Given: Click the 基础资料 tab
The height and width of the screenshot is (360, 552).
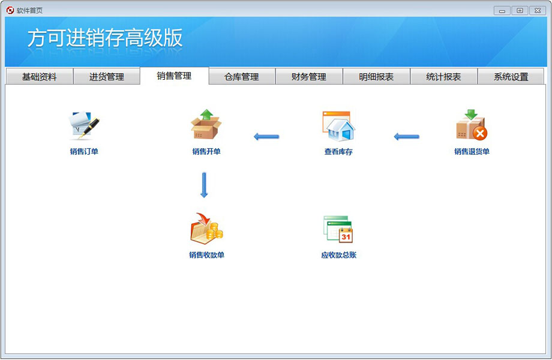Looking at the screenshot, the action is tap(39, 76).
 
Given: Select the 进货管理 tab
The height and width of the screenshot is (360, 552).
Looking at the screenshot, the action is tap(106, 76).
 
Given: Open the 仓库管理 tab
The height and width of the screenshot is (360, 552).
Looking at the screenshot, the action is tap(241, 76).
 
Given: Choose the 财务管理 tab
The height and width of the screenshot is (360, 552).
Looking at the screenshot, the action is tap(309, 76).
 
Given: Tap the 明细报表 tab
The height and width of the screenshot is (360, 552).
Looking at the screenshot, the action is tap(376, 76).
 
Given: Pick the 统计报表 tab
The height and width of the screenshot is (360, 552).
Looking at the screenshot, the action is tap(443, 76).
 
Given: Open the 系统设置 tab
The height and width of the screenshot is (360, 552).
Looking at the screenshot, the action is tap(511, 76).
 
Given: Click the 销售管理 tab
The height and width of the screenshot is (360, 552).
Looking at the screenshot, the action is tap(174, 76).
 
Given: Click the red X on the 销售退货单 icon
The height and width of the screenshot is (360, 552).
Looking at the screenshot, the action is tap(480, 133).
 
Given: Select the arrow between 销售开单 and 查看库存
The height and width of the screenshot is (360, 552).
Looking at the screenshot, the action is tap(266, 137).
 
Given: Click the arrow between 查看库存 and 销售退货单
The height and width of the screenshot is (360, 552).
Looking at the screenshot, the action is tap(407, 137).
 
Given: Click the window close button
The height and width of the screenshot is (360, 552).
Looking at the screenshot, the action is tap(538, 11).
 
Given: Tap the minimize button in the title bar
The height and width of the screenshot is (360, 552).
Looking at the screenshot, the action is tap(502, 11).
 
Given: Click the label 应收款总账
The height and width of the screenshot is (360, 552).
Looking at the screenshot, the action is tap(338, 255).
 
